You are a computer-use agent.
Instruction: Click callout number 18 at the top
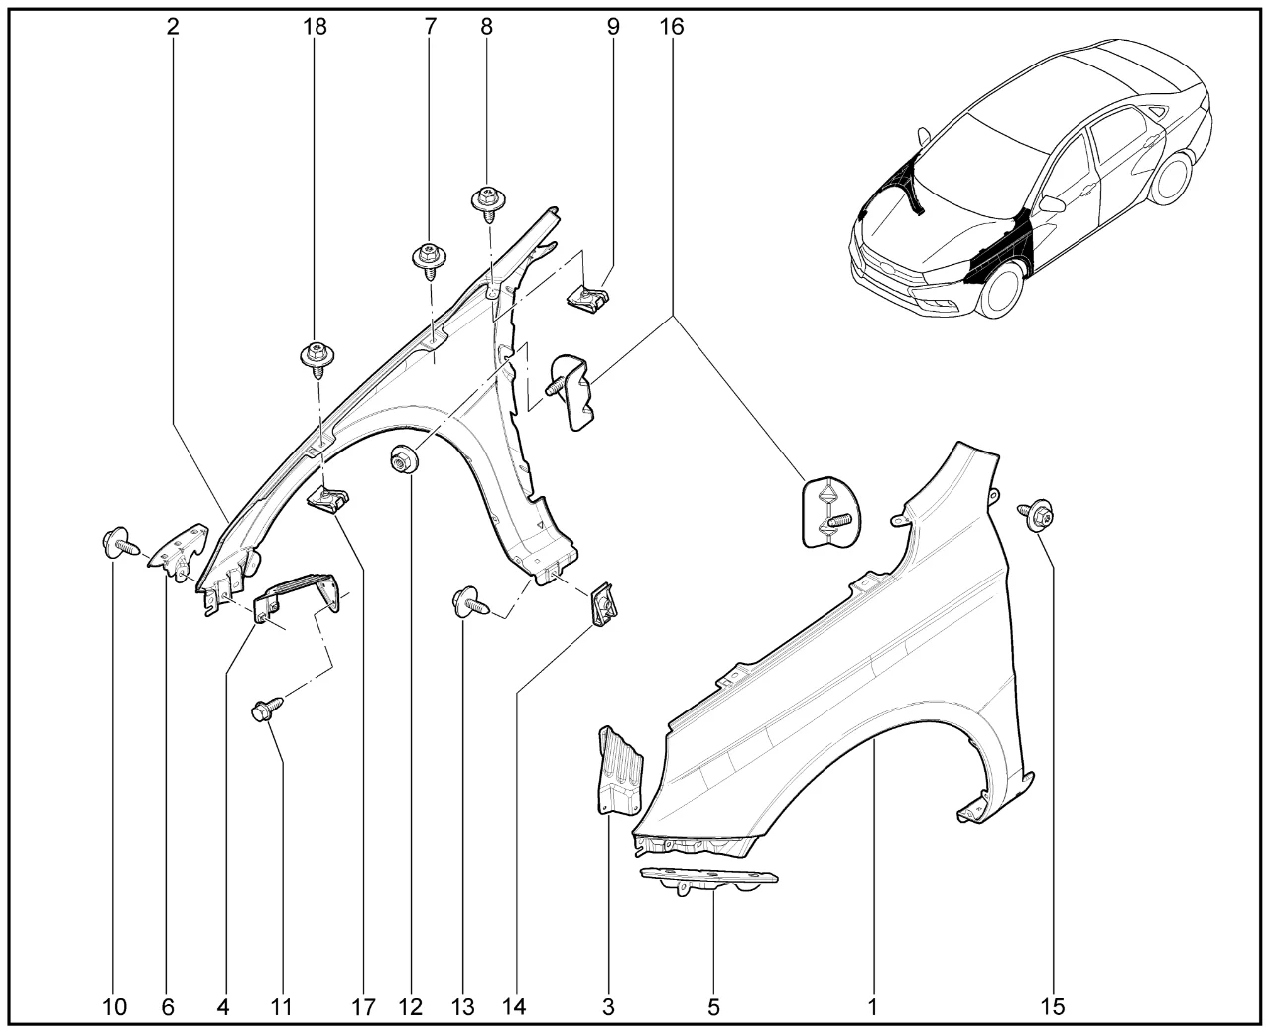[315, 27]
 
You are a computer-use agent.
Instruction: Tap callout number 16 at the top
[672, 27]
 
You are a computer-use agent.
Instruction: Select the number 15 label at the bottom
[1053, 1007]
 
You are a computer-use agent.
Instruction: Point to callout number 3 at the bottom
[608, 1007]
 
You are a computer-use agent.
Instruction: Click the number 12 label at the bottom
[410, 1007]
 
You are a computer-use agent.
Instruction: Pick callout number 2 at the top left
[174, 27]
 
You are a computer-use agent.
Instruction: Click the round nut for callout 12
[403, 462]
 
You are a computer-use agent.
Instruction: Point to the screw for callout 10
[117, 543]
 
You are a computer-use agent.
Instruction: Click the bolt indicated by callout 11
[266, 710]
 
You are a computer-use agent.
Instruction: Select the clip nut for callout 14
[601, 602]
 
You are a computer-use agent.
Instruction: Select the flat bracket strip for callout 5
[707, 877]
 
